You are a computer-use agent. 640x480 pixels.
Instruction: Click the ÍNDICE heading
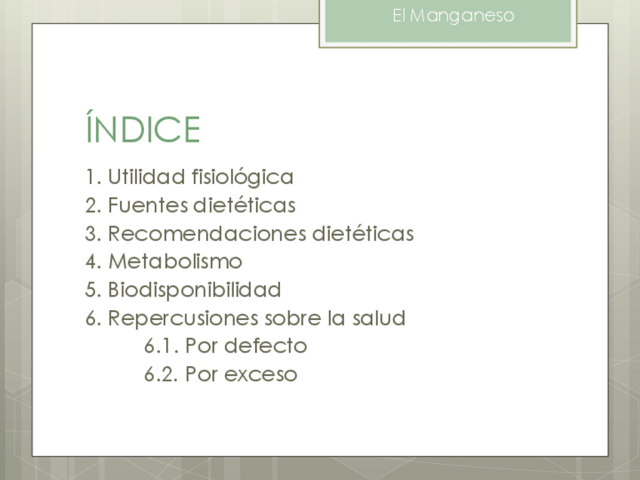pyautogui.click(x=143, y=127)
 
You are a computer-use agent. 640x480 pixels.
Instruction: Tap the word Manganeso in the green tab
pyautogui.click(x=462, y=17)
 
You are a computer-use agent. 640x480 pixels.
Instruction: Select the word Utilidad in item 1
pyautogui.click(x=146, y=177)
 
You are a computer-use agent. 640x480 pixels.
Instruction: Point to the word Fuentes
pyautogui.click(x=147, y=205)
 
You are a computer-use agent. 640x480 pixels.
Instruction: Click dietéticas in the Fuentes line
pyautogui.click(x=245, y=205)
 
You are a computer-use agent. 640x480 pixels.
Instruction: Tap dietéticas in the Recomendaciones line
pyautogui.click(x=363, y=233)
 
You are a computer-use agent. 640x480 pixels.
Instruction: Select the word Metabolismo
pyautogui.click(x=175, y=262)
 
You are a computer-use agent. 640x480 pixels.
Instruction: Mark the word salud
pyautogui.click(x=379, y=318)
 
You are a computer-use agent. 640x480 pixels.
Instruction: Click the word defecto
pyautogui.click(x=266, y=346)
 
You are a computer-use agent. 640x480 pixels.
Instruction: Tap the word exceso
pyautogui.click(x=261, y=374)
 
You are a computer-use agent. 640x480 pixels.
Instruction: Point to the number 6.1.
pyautogui.click(x=162, y=346)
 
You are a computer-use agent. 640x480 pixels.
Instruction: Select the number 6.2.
pyautogui.click(x=162, y=374)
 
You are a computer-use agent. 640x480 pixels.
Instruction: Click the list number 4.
pyautogui.click(x=94, y=262)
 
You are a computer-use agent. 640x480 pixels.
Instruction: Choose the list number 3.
pyautogui.click(x=94, y=234)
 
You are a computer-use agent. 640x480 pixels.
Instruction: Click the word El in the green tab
pyautogui.click(x=398, y=16)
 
